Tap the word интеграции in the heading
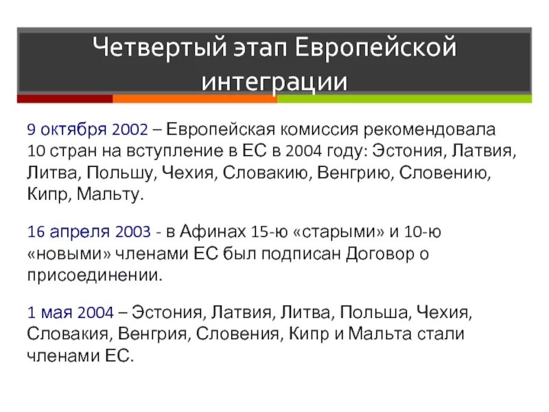point(274,81)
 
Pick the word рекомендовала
point(426,130)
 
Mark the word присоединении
point(94,277)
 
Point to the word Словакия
point(62,334)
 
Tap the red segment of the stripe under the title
point(65,99)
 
